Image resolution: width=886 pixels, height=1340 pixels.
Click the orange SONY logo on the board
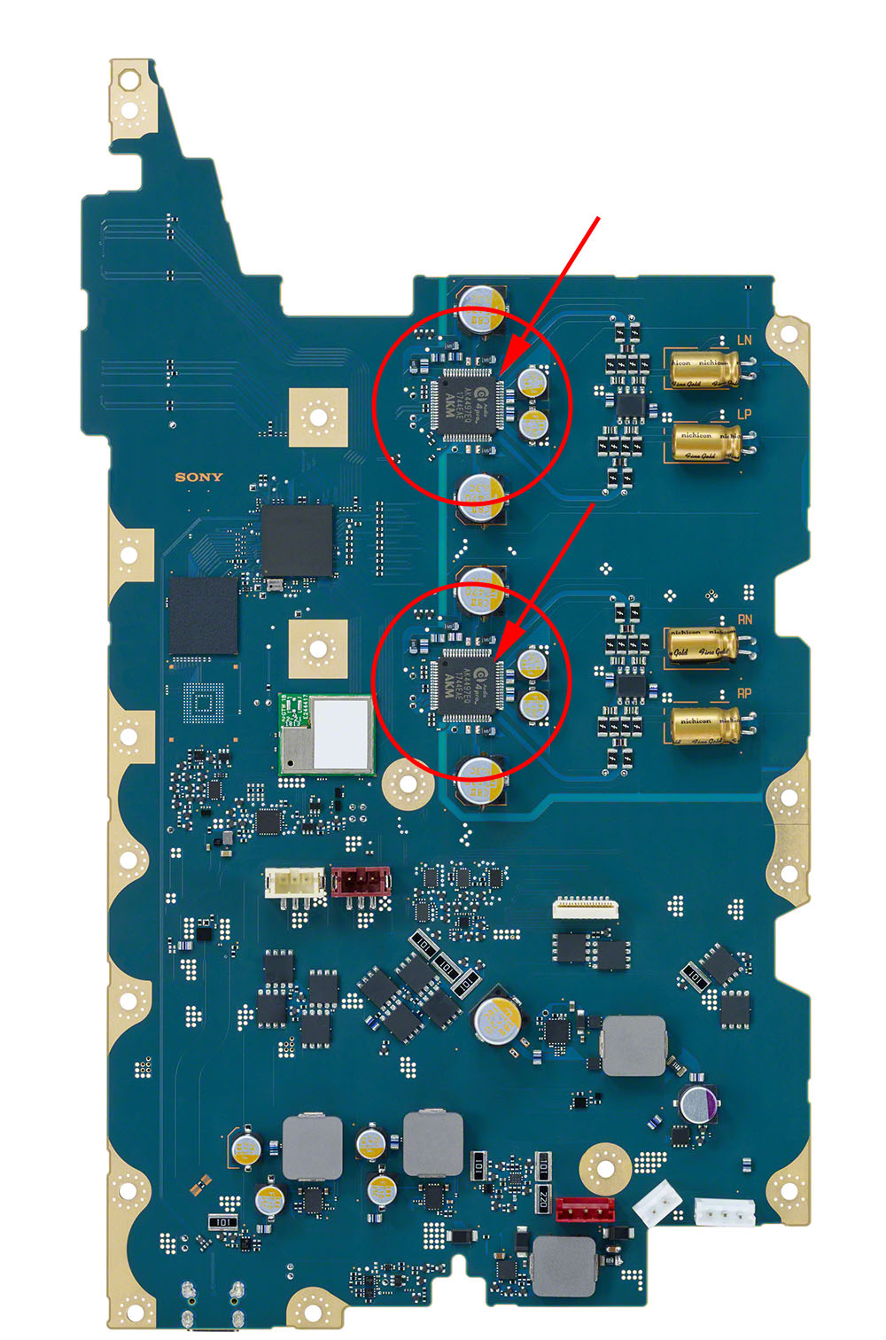[x=198, y=477]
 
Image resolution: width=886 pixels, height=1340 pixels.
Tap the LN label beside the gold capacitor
[x=743, y=340]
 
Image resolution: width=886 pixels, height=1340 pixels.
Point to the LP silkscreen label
[x=743, y=415]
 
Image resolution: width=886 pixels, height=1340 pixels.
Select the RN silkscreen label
[x=744, y=619]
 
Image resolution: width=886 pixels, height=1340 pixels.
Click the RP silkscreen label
[x=744, y=694]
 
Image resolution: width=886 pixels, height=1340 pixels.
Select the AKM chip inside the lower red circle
[x=466, y=683]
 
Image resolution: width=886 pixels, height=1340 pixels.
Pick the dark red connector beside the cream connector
[x=359, y=882]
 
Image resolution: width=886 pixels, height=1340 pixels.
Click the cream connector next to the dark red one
[x=294, y=883]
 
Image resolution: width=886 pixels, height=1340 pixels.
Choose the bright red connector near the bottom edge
[x=585, y=1210]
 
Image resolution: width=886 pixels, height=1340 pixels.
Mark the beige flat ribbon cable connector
[x=585, y=907]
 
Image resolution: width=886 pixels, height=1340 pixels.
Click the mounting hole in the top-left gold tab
[x=129, y=81]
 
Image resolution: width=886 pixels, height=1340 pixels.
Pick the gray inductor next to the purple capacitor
[x=633, y=1046]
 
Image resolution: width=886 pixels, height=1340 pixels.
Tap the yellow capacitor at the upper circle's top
[x=481, y=307]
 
